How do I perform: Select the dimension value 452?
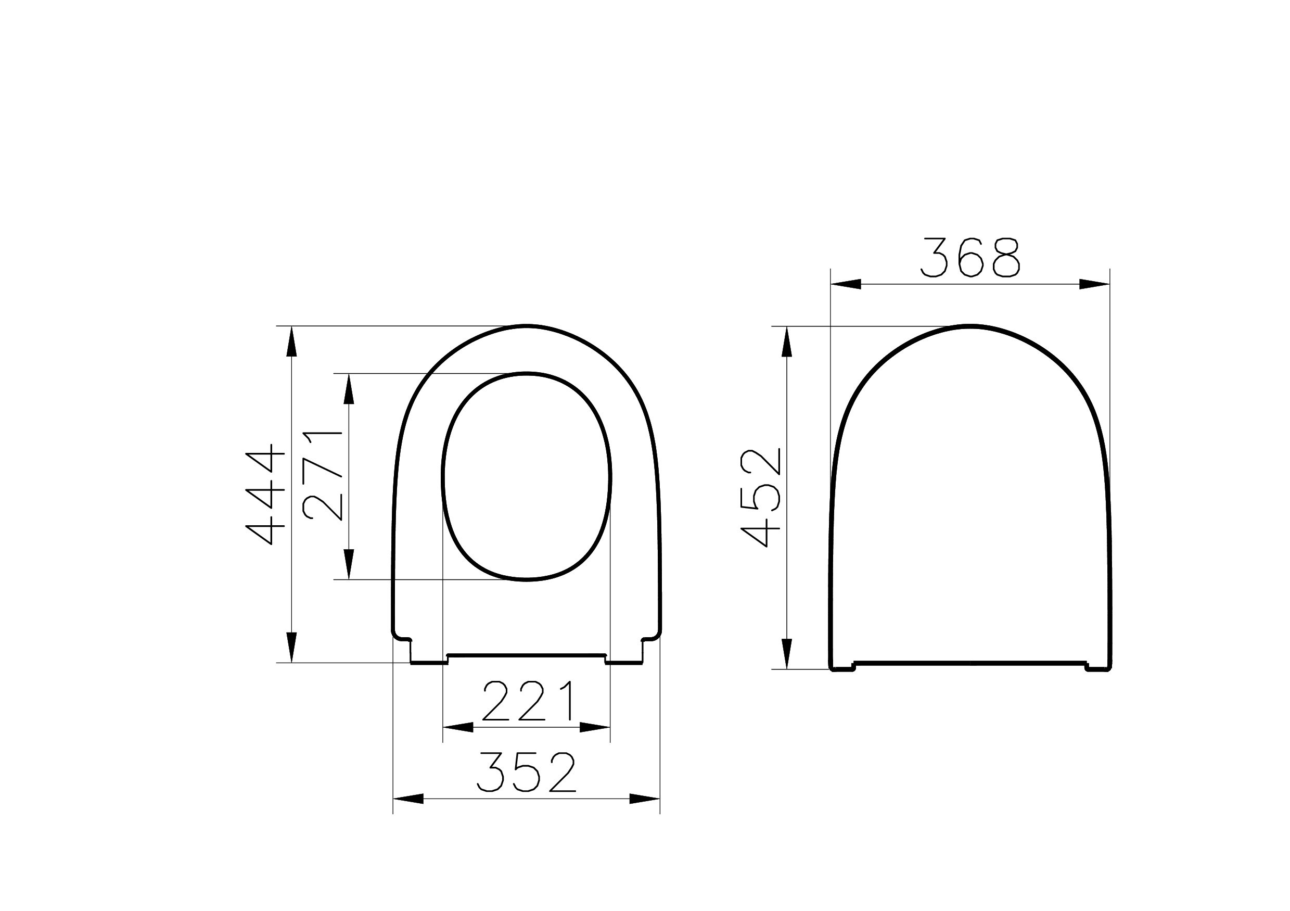[761, 497]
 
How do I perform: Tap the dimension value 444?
[265, 494]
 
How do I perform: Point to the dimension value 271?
[323, 476]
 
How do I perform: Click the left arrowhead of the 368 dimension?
[846, 284]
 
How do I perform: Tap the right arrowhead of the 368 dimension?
[1094, 284]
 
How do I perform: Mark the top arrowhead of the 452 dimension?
[787, 341]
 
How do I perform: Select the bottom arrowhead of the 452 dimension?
[787, 654]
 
